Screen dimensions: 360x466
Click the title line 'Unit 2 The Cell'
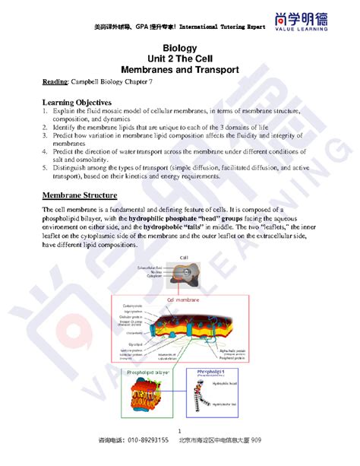179,59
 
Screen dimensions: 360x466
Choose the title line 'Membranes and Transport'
179,69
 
